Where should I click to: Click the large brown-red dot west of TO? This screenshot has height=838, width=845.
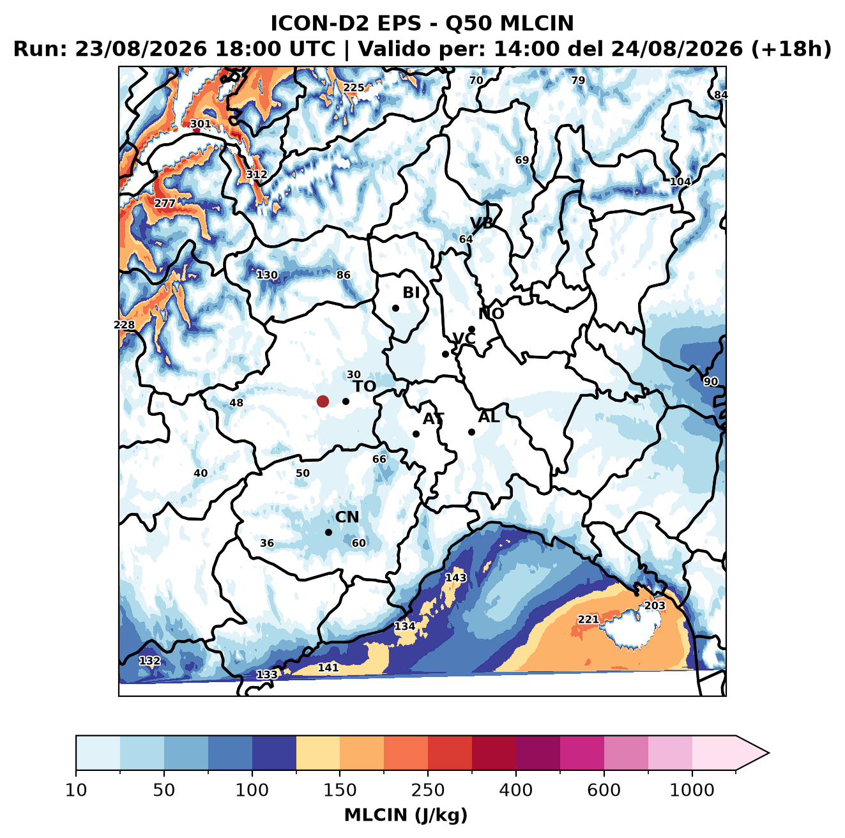[x=323, y=401]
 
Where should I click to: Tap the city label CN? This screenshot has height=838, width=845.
[x=347, y=517]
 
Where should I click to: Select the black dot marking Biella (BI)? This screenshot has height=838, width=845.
[x=395, y=309]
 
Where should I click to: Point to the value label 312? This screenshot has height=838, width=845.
[x=257, y=174]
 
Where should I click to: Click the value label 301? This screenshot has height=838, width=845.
[x=201, y=124]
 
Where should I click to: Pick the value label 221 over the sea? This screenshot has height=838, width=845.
[x=588, y=619]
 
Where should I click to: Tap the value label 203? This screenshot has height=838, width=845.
[x=655, y=606]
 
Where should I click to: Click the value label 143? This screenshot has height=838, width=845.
[x=455, y=577]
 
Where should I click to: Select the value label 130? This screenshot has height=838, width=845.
[x=266, y=275]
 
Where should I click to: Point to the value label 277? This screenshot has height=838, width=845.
[x=165, y=204]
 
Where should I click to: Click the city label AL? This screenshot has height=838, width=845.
[x=489, y=417]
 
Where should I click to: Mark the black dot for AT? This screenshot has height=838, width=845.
[x=416, y=434]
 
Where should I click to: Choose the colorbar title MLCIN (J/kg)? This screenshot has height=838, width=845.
[x=406, y=816]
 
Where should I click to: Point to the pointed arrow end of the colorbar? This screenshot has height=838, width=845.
[x=769, y=753]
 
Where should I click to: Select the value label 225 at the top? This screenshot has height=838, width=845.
[x=353, y=88]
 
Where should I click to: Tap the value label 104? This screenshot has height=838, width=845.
[x=680, y=181]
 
